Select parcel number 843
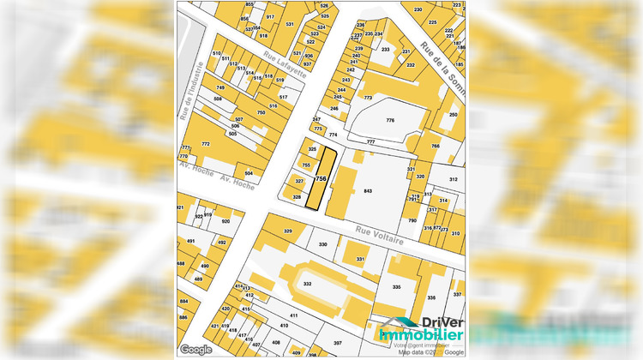point(369,190)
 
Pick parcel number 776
point(390,121)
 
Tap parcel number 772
point(206,144)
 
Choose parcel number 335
point(396,287)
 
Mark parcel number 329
point(288,231)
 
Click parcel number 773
point(368,99)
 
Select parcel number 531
point(290,24)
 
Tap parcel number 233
point(386,50)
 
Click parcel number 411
point(293,316)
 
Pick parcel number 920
point(225,221)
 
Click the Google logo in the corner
point(196,349)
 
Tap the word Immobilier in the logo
point(422,336)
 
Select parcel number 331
point(360,258)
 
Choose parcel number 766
point(435,147)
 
